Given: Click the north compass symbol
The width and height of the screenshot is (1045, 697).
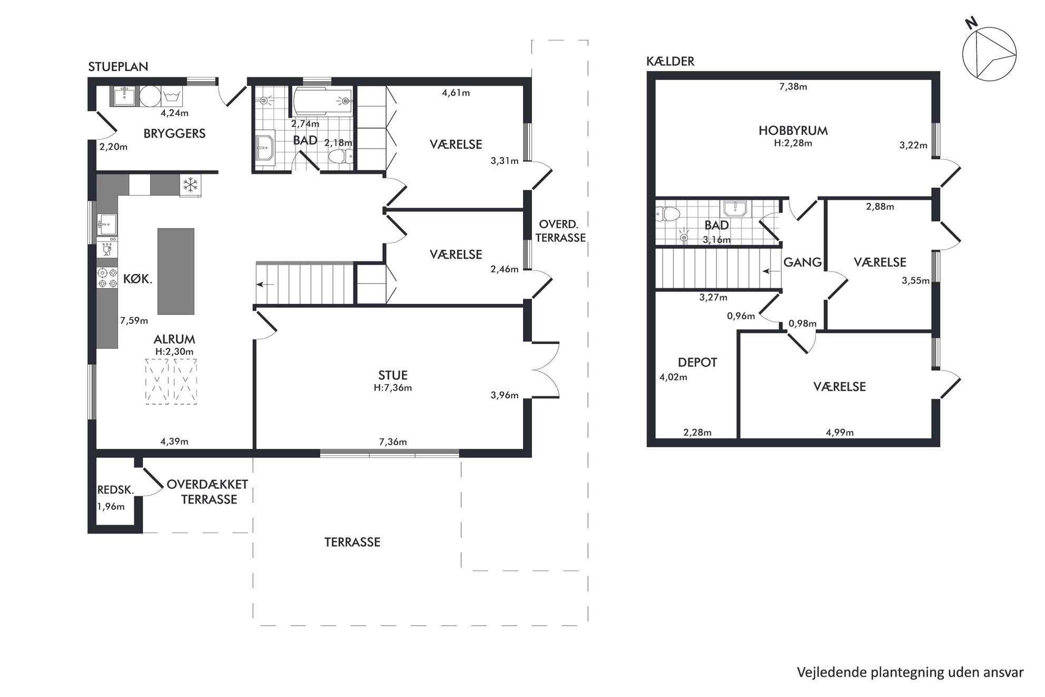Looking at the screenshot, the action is coord(989,55).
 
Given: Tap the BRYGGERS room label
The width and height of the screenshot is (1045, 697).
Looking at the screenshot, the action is coord(174,133).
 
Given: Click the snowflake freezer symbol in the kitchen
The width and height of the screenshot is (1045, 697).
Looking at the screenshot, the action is coord(190,184).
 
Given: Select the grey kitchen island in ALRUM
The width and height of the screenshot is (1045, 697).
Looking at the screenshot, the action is coord(176,271).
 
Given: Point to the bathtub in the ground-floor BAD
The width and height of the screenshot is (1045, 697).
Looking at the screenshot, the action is coord(322,101).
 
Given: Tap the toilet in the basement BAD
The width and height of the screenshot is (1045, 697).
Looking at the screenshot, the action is coord(668,213).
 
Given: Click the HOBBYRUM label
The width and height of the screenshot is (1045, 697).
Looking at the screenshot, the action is coord(793,131).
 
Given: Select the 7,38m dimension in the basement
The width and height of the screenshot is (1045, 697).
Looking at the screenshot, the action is coord(793,86).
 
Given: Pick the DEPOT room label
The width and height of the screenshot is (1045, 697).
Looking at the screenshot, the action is coord(697,362).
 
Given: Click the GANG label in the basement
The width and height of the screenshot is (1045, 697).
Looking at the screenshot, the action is coord(802,262).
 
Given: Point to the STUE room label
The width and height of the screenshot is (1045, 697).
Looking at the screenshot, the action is coord(393,375).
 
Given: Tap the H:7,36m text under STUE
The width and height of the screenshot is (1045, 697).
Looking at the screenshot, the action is coord(393,388).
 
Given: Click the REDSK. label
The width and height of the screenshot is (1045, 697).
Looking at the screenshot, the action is coord(116,490).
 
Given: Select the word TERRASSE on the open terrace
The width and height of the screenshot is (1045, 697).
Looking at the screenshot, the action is coord(352,542).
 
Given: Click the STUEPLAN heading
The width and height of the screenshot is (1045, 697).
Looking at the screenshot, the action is coord(118,66).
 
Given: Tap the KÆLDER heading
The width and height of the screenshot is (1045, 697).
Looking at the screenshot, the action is coord(670,61).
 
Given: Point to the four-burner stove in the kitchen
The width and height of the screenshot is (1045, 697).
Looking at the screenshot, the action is coord(107,278).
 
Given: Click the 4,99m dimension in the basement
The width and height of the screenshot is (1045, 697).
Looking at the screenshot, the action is coord(840,433).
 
